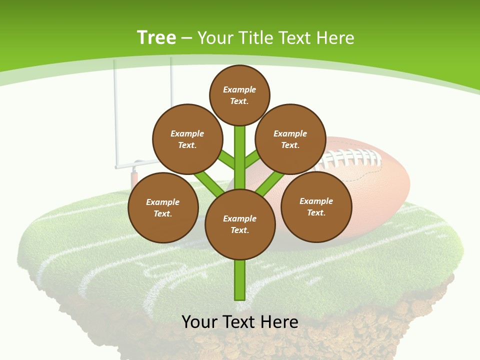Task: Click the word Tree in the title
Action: (x=156, y=37)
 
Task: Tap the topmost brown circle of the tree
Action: (x=239, y=95)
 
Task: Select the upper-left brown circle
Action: (x=187, y=139)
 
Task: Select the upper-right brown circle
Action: (x=290, y=139)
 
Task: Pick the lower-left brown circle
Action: (x=163, y=207)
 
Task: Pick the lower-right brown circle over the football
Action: (x=316, y=206)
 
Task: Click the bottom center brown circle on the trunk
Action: (x=240, y=224)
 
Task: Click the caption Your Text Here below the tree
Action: (x=240, y=321)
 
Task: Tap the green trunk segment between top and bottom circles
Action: (x=240, y=157)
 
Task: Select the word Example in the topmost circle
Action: (x=239, y=89)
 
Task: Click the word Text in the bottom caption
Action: (x=238, y=321)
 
